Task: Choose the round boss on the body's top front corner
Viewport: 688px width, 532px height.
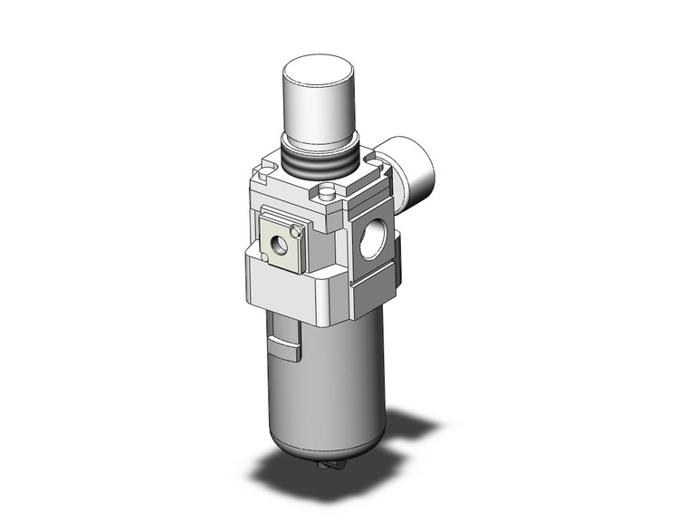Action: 327,192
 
